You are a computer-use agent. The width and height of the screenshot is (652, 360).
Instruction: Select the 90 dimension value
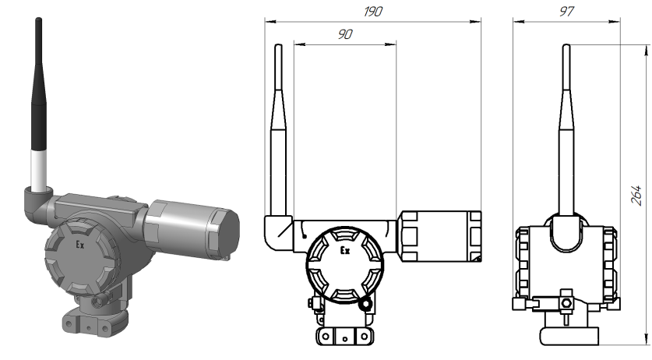coord(344,36)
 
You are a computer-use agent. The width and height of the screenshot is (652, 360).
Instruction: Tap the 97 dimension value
coord(566,12)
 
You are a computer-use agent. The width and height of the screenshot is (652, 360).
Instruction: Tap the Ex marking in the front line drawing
coord(346,251)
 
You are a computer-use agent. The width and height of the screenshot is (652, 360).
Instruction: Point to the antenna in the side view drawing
coord(566,132)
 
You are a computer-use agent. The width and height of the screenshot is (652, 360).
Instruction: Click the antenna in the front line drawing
coord(279,132)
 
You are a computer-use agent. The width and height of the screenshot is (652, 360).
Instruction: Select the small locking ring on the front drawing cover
coord(366,302)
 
